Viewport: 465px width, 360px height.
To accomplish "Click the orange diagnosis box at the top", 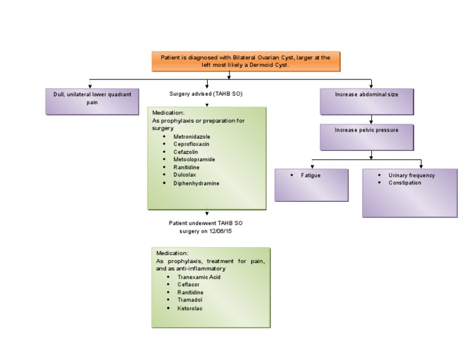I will tap(245, 61).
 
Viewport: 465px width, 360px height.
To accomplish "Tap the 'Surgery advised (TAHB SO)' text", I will tap(206, 94).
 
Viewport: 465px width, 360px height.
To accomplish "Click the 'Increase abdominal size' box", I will tap(366, 101).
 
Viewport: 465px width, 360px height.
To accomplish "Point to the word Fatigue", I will tap(311, 175).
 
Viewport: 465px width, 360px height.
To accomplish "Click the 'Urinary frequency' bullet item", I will tap(411, 175).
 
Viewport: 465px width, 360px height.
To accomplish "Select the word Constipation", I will tap(404, 182).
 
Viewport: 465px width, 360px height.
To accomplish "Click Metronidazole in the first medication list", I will tap(191, 137).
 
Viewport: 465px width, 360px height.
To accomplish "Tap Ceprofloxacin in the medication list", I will tap(191, 144).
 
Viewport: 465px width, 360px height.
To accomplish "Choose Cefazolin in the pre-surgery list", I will tap(186, 152).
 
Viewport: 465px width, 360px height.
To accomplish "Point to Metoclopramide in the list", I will tap(194, 159).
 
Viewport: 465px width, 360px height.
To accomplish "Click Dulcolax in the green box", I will tap(185, 175).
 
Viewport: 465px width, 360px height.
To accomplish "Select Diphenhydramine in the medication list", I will tap(196, 183).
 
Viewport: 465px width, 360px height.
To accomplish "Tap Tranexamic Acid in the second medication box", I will tap(199, 277).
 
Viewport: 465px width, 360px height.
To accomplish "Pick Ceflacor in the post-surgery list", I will tap(188, 284).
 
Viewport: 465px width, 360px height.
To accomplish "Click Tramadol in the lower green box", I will tap(190, 300).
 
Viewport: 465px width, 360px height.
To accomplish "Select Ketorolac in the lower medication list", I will tap(190, 308).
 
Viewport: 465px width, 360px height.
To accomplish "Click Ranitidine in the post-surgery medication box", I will tap(190, 292).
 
